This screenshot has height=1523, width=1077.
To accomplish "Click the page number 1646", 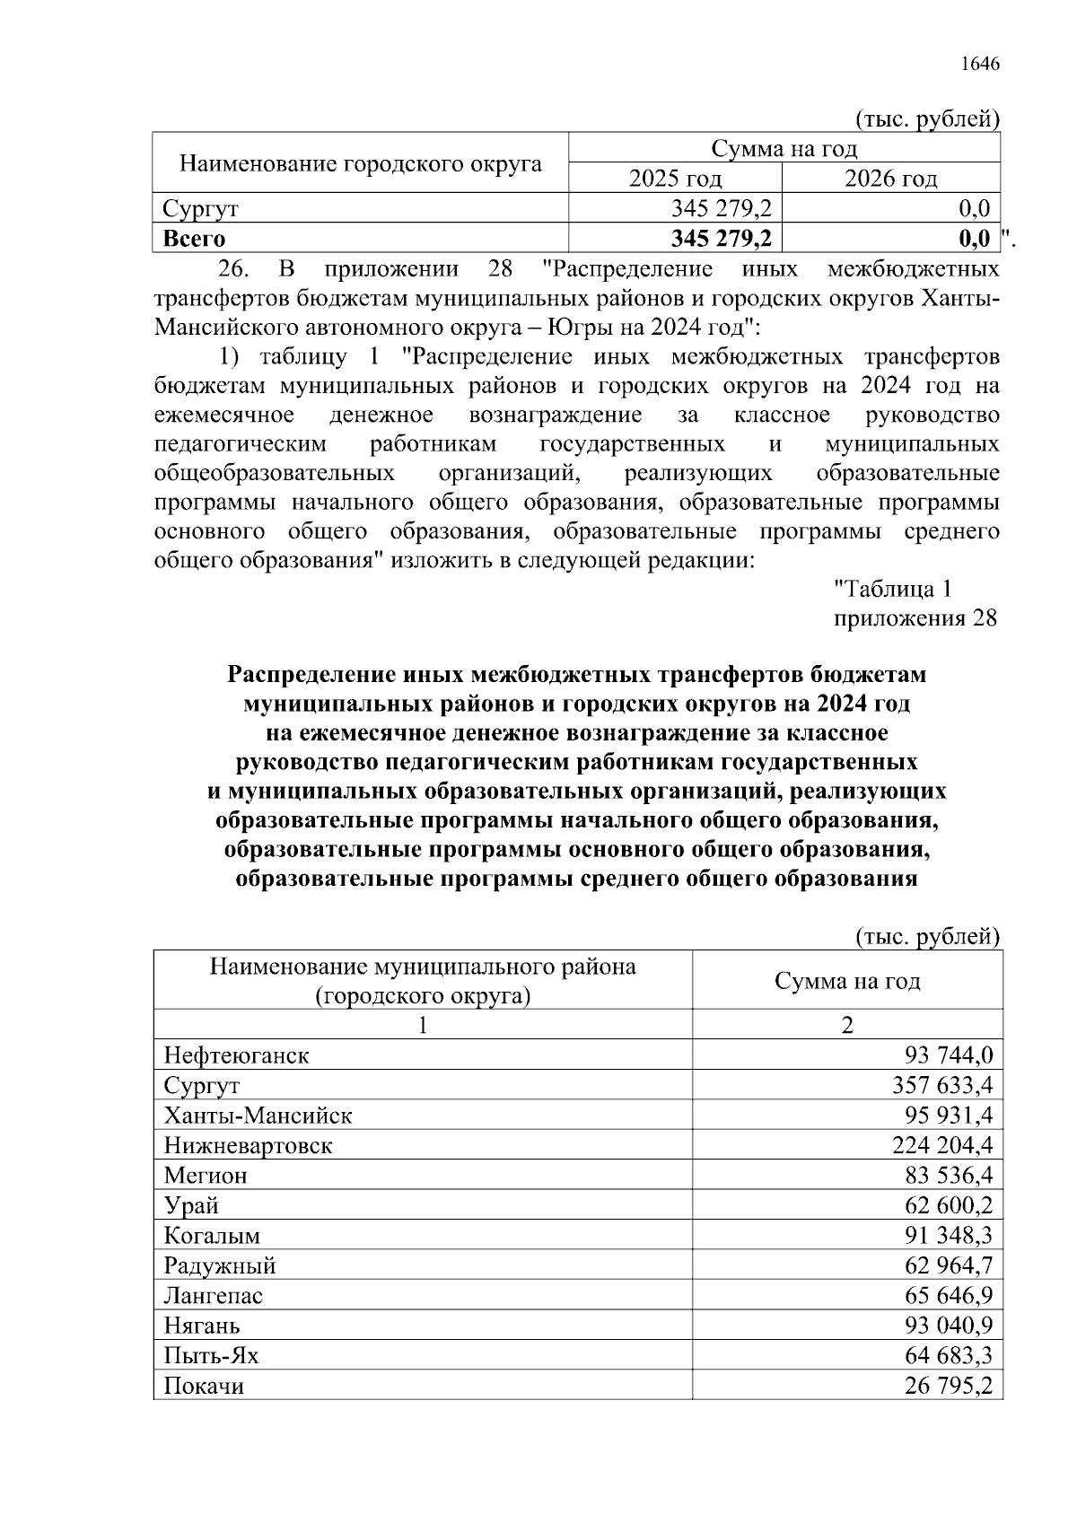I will point(979,64).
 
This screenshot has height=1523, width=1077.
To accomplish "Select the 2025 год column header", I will point(675,179).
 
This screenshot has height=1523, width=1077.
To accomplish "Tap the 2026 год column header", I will point(890,179).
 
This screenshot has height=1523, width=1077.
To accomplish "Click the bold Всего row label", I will point(194,239).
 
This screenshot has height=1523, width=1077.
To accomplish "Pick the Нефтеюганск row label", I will point(236,1055).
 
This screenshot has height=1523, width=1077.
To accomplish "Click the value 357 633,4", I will point(942,1086).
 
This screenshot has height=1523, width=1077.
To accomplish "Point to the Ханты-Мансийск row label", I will point(258,1116).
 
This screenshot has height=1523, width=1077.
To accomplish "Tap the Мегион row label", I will point(206,1176).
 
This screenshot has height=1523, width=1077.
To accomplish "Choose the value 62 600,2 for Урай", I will point(949,1205).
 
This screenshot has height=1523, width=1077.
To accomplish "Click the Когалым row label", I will point(212,1236).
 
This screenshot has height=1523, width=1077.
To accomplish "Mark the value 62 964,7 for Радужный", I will point(949,1265).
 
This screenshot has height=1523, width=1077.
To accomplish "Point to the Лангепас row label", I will point(213,1296).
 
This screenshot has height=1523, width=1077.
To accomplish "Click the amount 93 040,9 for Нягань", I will point(949,1326).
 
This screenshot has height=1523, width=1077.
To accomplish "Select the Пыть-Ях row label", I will point(211,1355).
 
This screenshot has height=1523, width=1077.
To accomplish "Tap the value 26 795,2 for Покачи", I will point(949,1386).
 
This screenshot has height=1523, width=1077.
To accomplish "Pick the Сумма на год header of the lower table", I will point(847,981).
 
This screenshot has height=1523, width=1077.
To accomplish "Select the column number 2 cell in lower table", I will point(847,1025).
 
